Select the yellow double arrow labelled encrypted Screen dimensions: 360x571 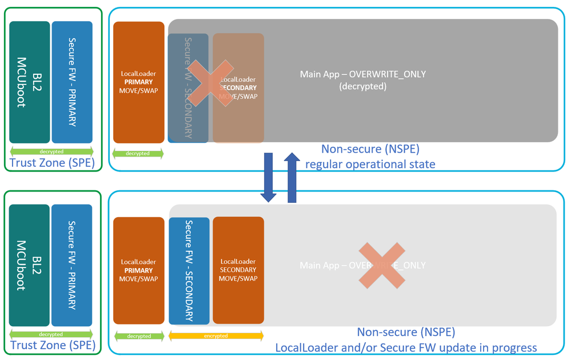216,337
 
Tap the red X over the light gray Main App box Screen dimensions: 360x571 381,265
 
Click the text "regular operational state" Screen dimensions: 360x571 370,165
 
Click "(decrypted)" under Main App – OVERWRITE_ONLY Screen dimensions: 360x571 362,87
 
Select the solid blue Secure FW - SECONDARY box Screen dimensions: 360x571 189,270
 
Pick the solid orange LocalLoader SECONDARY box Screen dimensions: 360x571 238,270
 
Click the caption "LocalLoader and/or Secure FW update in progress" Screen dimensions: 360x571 406,347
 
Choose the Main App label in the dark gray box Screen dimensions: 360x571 363,74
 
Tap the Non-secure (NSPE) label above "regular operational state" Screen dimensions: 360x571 370,150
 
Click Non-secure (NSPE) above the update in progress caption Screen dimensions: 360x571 406,332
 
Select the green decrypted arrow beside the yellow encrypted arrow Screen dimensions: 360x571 138,337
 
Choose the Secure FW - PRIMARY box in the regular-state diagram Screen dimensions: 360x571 72,82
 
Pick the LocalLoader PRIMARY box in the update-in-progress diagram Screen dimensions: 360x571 138,270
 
